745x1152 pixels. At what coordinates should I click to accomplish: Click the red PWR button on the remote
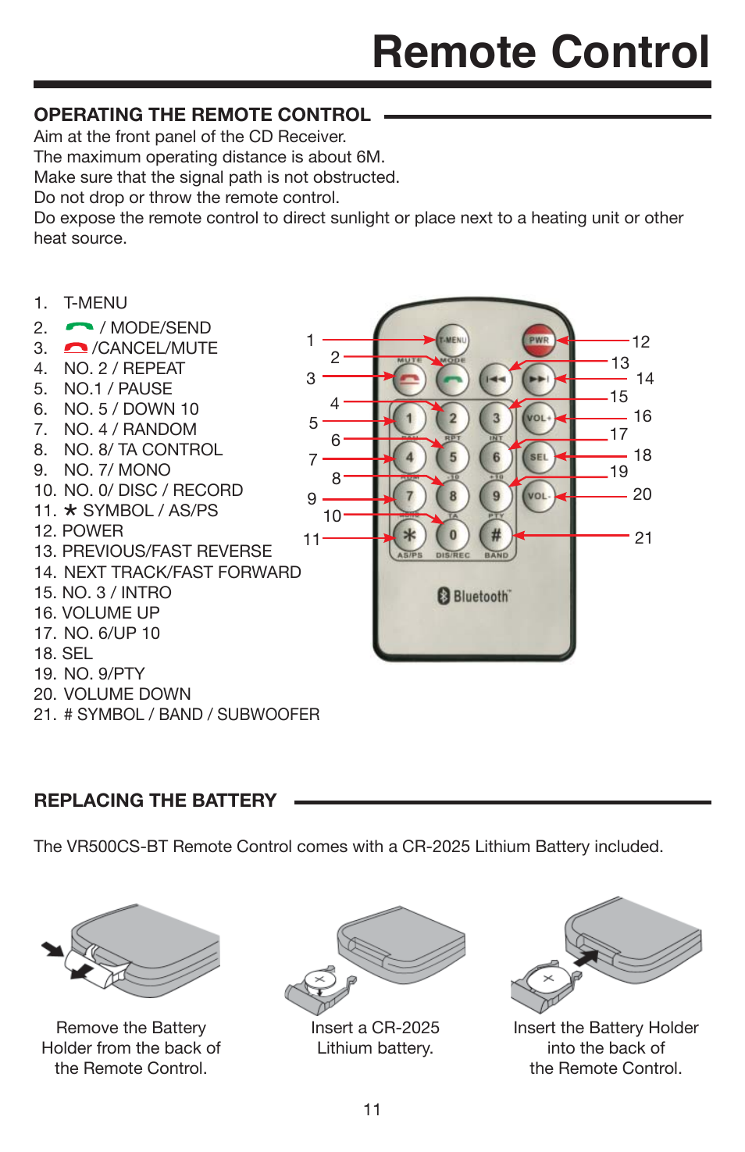[539, 340]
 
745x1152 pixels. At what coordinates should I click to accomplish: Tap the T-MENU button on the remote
[453, 340]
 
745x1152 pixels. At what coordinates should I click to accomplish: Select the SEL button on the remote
[539, 457]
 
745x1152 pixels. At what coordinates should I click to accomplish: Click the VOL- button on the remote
[539, 496]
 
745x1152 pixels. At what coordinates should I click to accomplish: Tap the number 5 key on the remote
[453, 457]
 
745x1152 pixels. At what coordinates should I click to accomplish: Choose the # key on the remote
[496, 536]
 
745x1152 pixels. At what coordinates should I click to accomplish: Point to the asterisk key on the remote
[409, 536]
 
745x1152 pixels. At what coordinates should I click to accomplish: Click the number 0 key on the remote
[453, 536]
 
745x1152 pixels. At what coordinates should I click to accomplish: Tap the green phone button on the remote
[453, 380]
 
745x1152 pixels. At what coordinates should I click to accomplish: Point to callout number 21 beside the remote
[643, 538]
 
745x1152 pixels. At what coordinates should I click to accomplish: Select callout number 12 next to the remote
[641, 342]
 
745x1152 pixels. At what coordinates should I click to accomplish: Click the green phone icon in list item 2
[80, 326]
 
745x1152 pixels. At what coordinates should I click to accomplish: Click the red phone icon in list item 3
[76, 348]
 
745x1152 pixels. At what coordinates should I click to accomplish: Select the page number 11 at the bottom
[372, 1110]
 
